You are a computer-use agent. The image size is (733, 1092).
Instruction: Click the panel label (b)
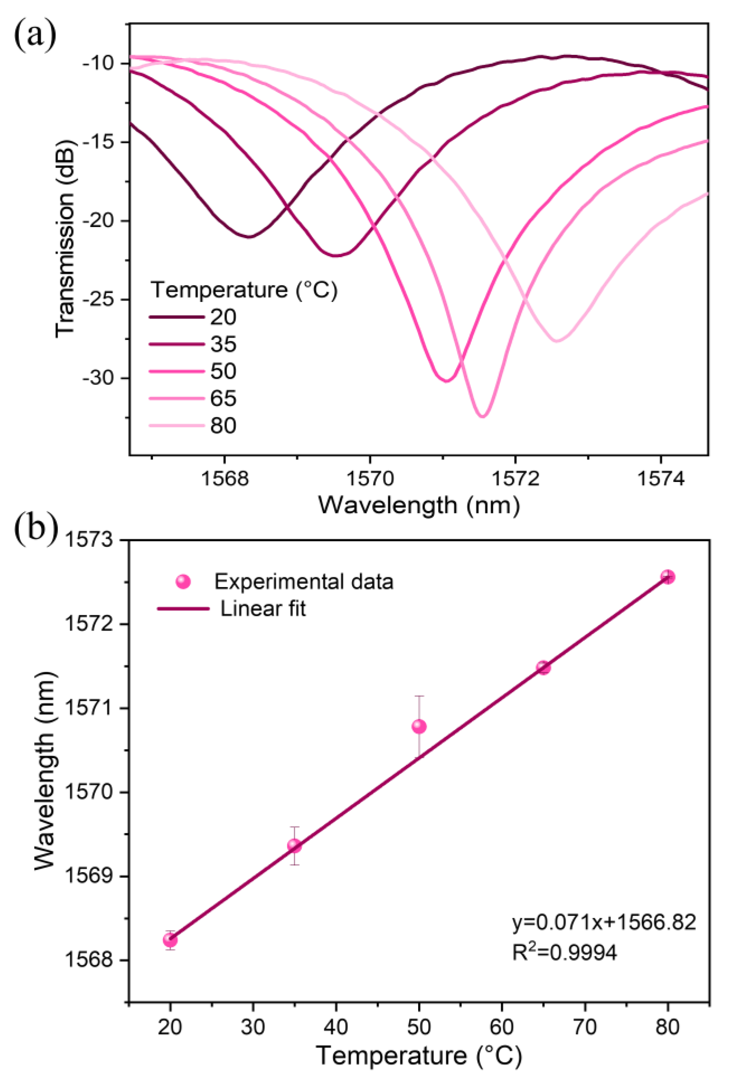coord(35,527)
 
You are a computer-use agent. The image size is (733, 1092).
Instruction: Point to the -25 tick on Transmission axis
coord(103,300)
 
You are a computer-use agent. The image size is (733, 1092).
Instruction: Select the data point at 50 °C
coord(419,726)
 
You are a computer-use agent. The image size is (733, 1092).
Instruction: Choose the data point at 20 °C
coord(170,940)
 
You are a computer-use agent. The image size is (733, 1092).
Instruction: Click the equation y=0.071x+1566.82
coord(604,922)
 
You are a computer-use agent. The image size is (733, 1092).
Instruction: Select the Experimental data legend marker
coord(183,581)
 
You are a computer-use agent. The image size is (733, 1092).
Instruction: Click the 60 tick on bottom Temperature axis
coord(502,1027)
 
